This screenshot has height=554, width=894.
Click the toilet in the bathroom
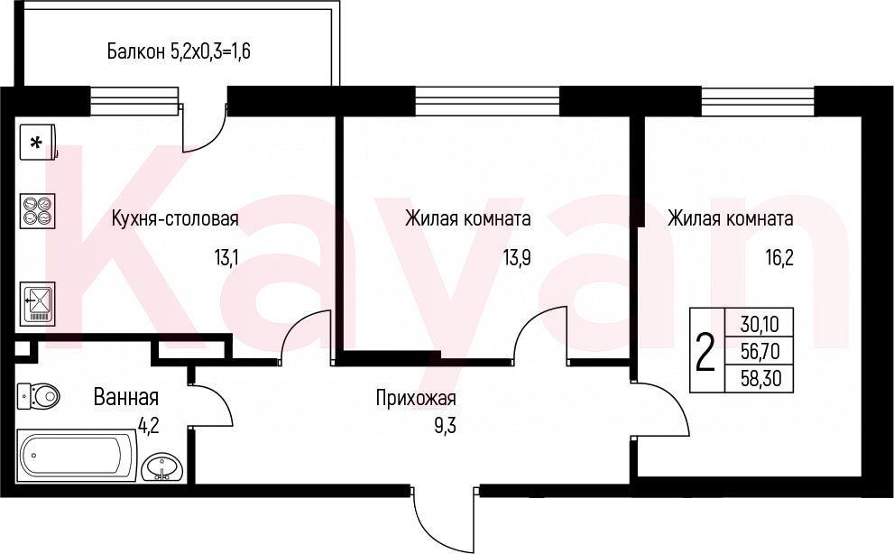[38, 395]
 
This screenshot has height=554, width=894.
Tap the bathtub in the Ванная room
[78, 457]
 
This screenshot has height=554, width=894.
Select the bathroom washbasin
[162, 467]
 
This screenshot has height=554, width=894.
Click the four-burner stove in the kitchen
[38, 211]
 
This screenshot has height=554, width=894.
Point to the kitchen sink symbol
[38, 303]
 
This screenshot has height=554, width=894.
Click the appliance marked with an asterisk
[38, 142]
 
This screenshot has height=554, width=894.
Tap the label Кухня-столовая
[175, 218]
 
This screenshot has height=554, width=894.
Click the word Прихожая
[416, 398]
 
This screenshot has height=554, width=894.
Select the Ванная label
[126, 396]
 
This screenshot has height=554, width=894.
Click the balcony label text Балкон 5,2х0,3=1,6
[179, 52]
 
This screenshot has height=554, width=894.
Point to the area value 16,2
[779, 258]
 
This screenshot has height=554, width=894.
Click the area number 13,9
[517, 258]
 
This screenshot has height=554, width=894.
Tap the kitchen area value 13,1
[226, 258]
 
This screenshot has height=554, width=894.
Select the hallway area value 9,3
[446, 426]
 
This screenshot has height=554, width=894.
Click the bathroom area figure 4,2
[148, 426]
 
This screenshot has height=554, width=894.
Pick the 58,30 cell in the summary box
[760, 378]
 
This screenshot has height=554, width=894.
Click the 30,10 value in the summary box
[759, 324]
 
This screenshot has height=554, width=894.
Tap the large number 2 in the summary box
[705, 352]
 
